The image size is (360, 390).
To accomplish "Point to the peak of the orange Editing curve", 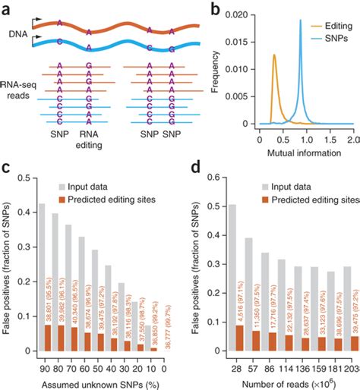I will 274,55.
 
